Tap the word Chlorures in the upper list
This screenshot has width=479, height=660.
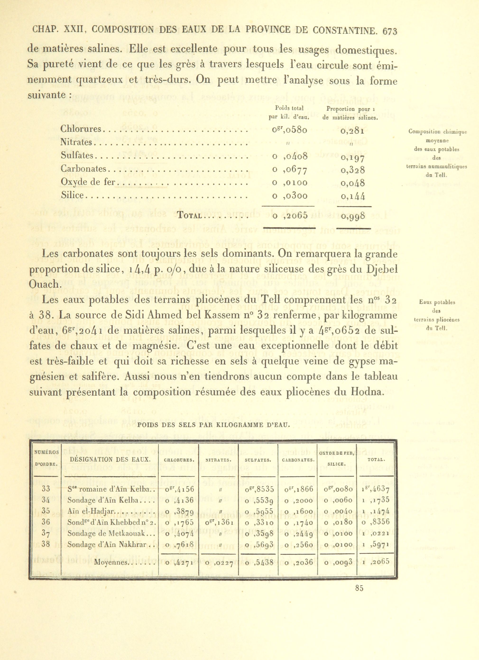coord(81,129)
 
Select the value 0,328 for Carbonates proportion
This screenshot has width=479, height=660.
coord(353,170)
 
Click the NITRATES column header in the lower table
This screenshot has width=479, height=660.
coord(218,460)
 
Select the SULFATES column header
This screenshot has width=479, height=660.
coord(258,460)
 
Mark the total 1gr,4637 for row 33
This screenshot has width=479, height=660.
coord(376,489)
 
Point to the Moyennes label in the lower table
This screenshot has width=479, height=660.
coord(111,562)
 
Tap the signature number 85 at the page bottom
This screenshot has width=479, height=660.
coord(359,588)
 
